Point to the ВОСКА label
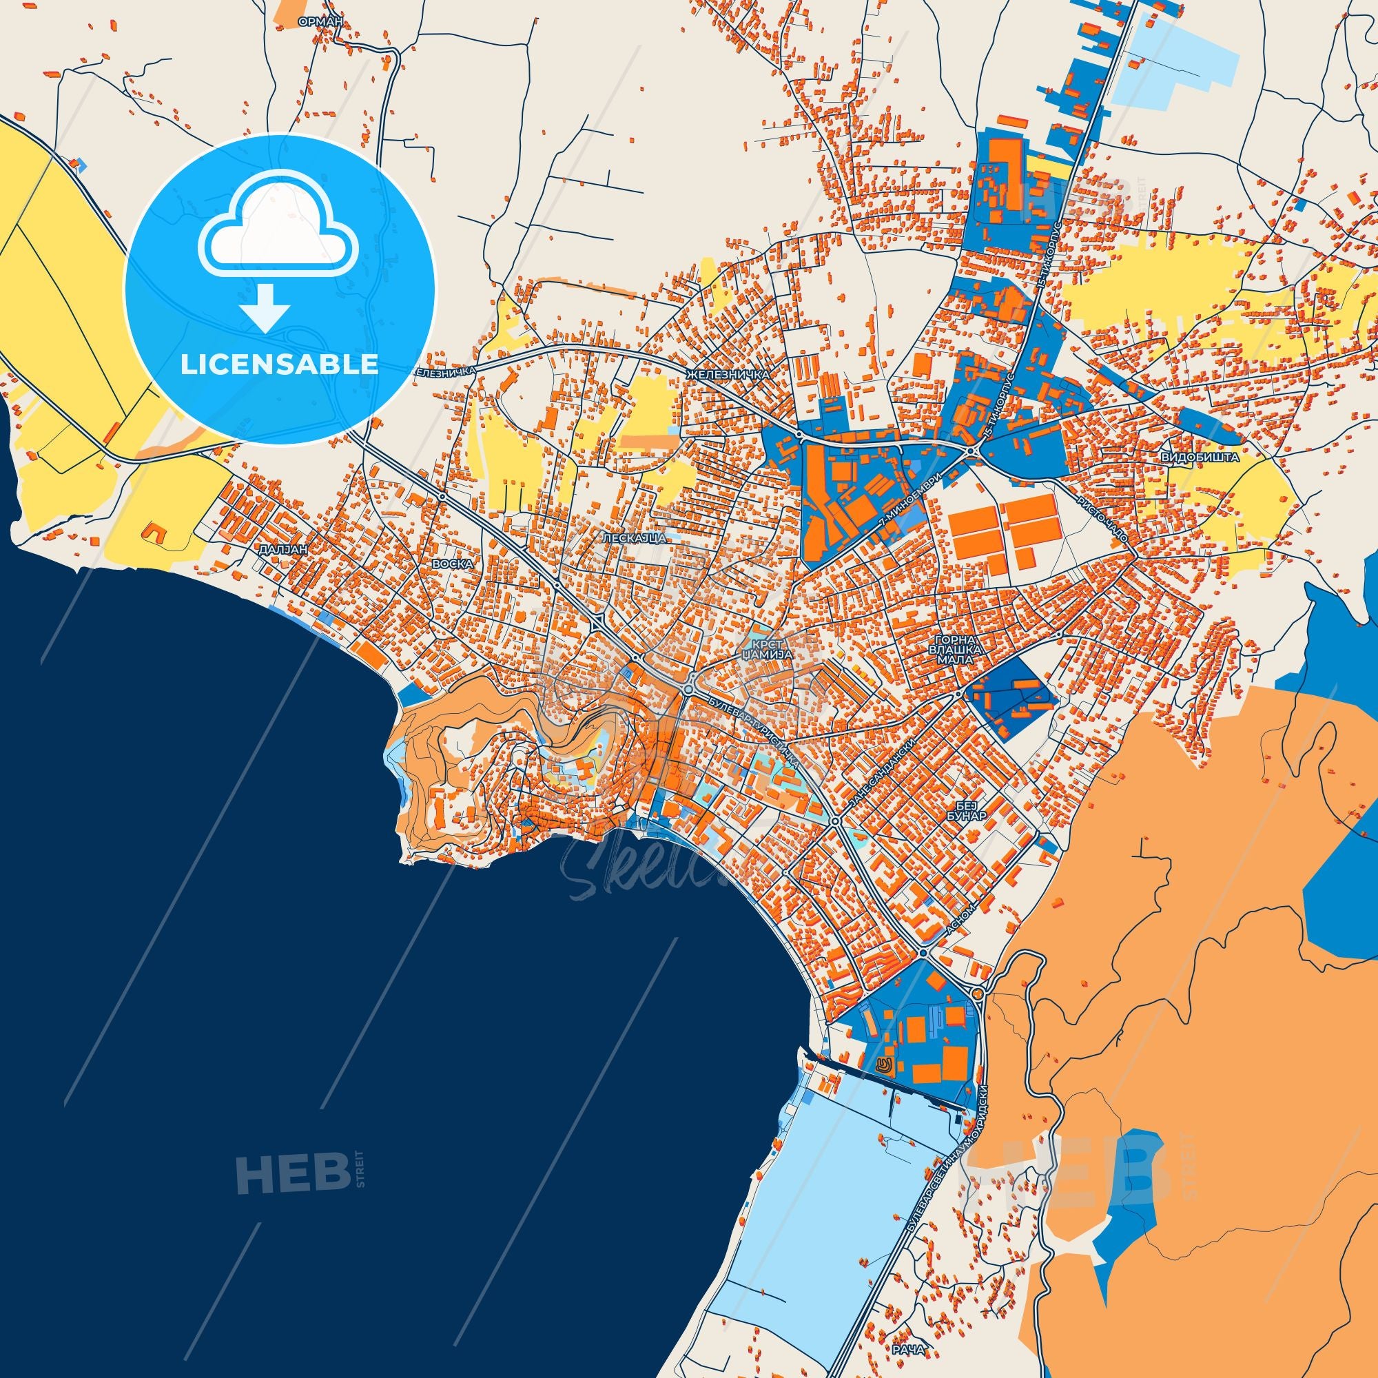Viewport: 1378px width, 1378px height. tap(452, 564)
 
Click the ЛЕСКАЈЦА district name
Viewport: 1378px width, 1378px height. tap(634, 538)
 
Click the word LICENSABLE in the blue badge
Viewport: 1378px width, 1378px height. tap(280, 364)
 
